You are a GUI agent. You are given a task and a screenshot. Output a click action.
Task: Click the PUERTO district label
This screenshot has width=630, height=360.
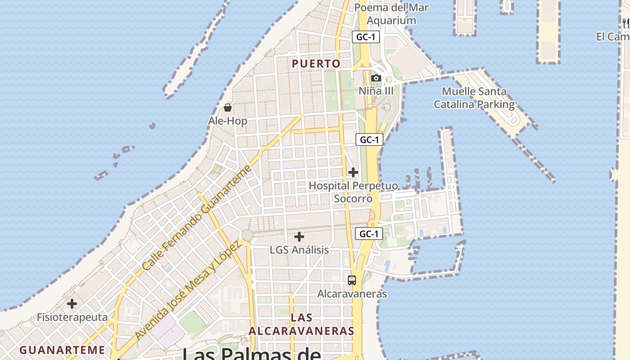coord(316,64)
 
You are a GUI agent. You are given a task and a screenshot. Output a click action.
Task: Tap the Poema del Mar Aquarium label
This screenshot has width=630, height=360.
coord(391,14)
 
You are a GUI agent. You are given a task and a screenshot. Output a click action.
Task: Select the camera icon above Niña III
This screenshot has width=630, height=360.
coord(376,78)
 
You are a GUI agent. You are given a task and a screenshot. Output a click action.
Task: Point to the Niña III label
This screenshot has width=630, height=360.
coord(376,91)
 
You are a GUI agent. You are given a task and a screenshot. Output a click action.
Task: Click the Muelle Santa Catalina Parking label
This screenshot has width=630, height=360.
coord(474,98)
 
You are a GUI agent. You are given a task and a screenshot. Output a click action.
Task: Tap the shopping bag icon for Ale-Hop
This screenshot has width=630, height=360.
coord(228,108)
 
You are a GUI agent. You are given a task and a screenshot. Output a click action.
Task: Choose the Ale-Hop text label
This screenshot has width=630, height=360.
coord(227,121)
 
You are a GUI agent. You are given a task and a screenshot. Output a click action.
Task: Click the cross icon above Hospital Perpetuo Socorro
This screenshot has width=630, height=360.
coord(353,172)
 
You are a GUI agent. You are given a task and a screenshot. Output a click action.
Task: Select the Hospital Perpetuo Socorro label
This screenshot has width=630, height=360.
coord(353,192)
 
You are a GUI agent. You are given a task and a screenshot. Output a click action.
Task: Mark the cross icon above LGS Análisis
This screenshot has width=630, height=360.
coord(299,236)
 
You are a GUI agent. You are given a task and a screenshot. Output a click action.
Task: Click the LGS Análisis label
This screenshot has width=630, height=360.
coord(299,250)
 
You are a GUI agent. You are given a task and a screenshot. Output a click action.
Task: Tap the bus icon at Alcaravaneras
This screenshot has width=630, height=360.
coord(352,280)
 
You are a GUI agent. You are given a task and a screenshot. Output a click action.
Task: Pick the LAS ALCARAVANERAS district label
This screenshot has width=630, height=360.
coord(301,324)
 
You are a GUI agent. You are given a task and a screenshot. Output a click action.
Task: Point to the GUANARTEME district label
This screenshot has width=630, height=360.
coord(62,350)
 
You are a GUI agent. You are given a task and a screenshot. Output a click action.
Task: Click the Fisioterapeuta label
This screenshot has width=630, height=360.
coord(72,317)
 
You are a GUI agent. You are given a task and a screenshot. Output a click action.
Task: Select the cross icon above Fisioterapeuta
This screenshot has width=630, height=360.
coord(72,304)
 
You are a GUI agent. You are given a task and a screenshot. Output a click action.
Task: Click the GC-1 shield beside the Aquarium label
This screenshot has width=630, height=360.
coord(365,37)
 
